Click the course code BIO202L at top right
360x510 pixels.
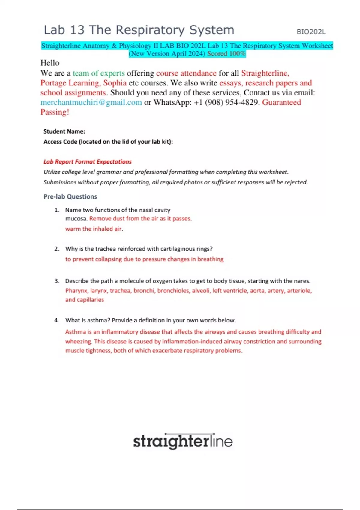[311, 32]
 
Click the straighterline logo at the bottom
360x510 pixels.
[183, 441]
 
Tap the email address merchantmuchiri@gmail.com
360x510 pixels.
[91, 102]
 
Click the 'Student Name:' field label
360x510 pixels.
[64, 131]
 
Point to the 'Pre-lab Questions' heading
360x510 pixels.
[70, 196]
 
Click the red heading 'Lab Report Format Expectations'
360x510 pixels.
[88, 162]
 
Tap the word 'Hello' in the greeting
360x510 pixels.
[50, 63]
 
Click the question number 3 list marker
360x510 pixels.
[57, 281]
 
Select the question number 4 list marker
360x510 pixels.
[57, 320]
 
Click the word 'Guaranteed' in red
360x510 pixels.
[281, 102]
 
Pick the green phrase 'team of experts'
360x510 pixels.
[99, 73]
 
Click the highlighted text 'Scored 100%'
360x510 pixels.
[226, 54]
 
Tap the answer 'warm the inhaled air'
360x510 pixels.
[94, 229]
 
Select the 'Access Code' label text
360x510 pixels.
[60, 142]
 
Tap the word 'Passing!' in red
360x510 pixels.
[55, 112]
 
